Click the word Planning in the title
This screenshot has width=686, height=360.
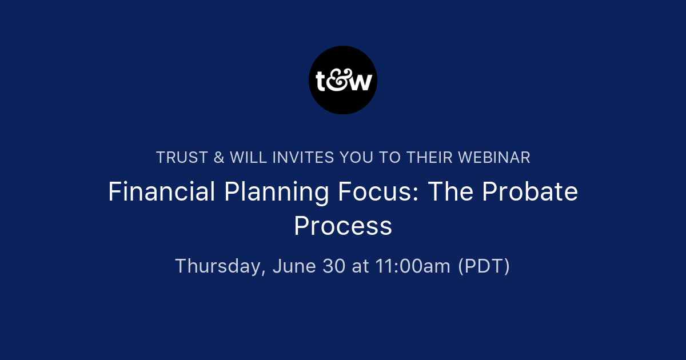pos(277,192)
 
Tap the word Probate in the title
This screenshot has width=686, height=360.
pos(530,192)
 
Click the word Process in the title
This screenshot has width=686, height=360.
pos(343,226)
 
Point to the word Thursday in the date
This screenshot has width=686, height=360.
pos(220,266)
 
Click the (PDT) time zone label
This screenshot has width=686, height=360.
pos(484,266)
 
